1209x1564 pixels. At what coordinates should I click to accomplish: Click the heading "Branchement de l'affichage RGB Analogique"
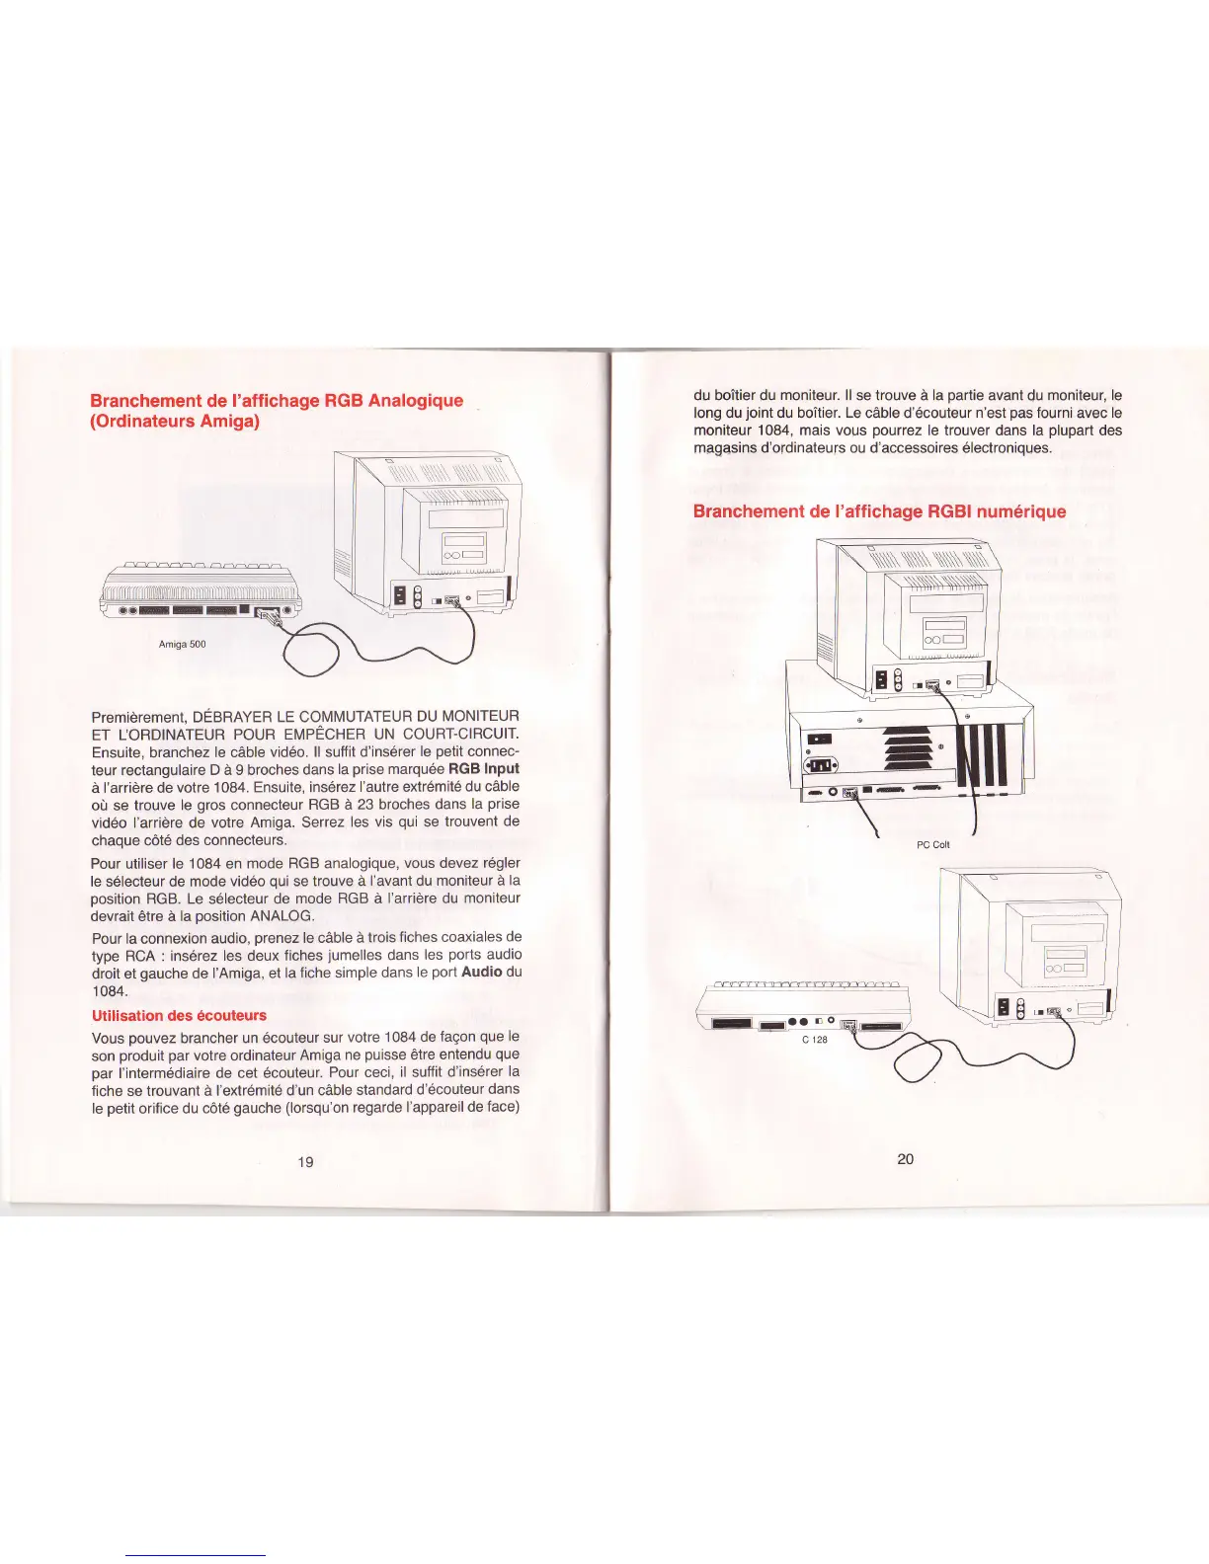click(277, 400)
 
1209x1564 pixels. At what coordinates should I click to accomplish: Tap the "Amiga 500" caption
click(182, 644)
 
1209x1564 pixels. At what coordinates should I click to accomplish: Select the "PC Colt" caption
click(932, 844)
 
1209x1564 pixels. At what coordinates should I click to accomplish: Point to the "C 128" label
click(814, 1040)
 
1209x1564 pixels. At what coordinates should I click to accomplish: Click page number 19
click(305, 1161)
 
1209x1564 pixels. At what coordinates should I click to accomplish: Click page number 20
click(905, 1158)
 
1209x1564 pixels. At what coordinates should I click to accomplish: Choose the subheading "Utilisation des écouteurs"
click(179, 1015)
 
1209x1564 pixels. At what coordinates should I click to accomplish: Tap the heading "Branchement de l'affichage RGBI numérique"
click(879, 510)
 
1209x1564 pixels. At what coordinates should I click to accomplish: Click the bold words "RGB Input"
click(483, 768)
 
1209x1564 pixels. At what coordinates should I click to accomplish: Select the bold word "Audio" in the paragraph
click(482, 972)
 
